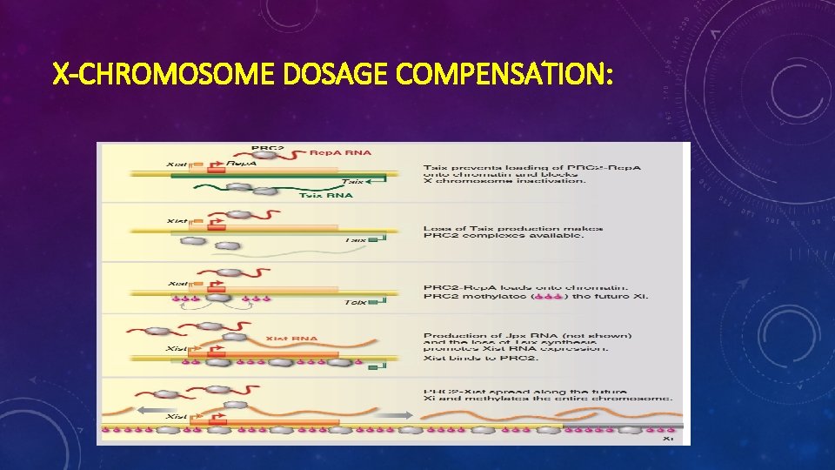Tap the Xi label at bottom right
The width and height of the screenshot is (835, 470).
coord(668,438)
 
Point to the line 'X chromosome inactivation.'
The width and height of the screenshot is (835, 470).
coord(504,180)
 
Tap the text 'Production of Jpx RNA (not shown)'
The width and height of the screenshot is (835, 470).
coord(528,335)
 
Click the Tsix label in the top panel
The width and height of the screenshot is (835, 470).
coord(351,182)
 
